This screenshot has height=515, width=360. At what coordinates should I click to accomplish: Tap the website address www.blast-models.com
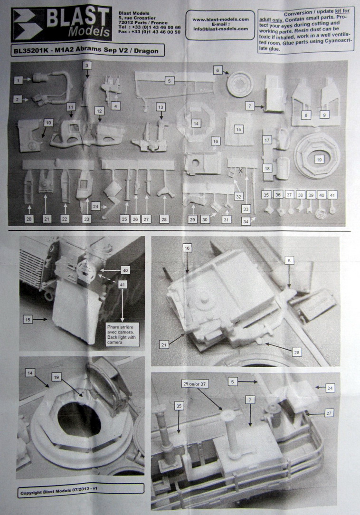[x=221, y=19]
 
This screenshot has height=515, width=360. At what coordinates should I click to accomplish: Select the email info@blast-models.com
[x=221, y=29]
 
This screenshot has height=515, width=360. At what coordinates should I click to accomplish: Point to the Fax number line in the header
[x=150, y=32]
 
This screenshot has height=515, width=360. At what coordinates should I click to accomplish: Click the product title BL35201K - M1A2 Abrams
[x=88, y=50]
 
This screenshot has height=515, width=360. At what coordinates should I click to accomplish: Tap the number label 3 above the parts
[x=87, y=65]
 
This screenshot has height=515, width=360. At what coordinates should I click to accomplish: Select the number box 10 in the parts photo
[x=47, y=123]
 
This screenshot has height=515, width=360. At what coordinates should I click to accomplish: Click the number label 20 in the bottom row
[x=29, y=219]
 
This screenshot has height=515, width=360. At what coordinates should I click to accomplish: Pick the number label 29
[x=192, y=219]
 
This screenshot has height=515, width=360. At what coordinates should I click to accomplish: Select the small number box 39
[x=311, y=195]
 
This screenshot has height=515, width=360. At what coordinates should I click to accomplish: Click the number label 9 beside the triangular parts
[x=324, y=114]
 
